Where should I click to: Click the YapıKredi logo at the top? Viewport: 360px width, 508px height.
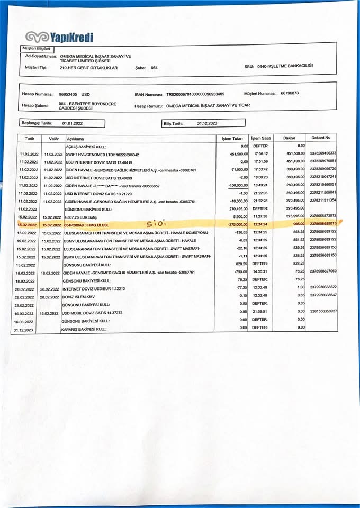59,37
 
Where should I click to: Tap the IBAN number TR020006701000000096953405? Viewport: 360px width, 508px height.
195,94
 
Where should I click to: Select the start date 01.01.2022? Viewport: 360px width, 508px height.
72,123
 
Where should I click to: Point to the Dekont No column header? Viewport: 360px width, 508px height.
321,138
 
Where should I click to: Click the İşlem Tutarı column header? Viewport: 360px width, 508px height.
232,138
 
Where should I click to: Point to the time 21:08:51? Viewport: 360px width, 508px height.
260,312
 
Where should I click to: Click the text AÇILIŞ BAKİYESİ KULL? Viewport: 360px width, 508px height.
86,146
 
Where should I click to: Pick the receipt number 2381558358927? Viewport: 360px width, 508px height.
323,311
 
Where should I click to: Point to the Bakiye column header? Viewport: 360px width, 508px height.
289,138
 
